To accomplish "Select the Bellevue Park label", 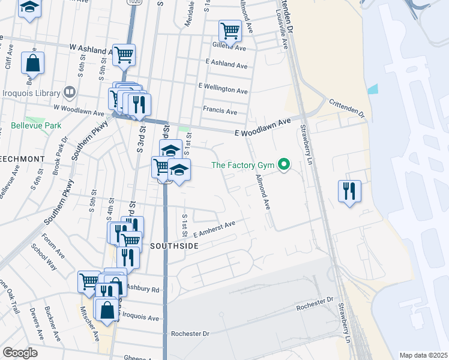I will pos(36,126).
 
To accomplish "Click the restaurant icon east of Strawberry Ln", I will pos(349,191).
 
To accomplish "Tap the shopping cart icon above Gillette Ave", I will pos(230,30).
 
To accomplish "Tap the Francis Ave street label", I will pos(220,111).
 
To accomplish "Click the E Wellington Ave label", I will pos(223,89).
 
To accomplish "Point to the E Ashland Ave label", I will pos(226,65).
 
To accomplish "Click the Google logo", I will pos(20,352).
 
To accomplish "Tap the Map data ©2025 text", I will pos(423,355).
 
